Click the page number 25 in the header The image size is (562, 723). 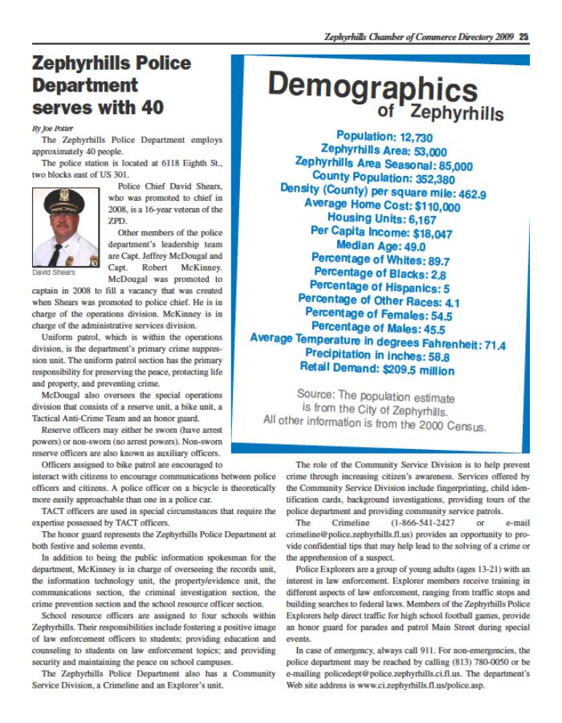click(523, 35)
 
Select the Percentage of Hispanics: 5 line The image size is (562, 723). click(379, 286)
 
